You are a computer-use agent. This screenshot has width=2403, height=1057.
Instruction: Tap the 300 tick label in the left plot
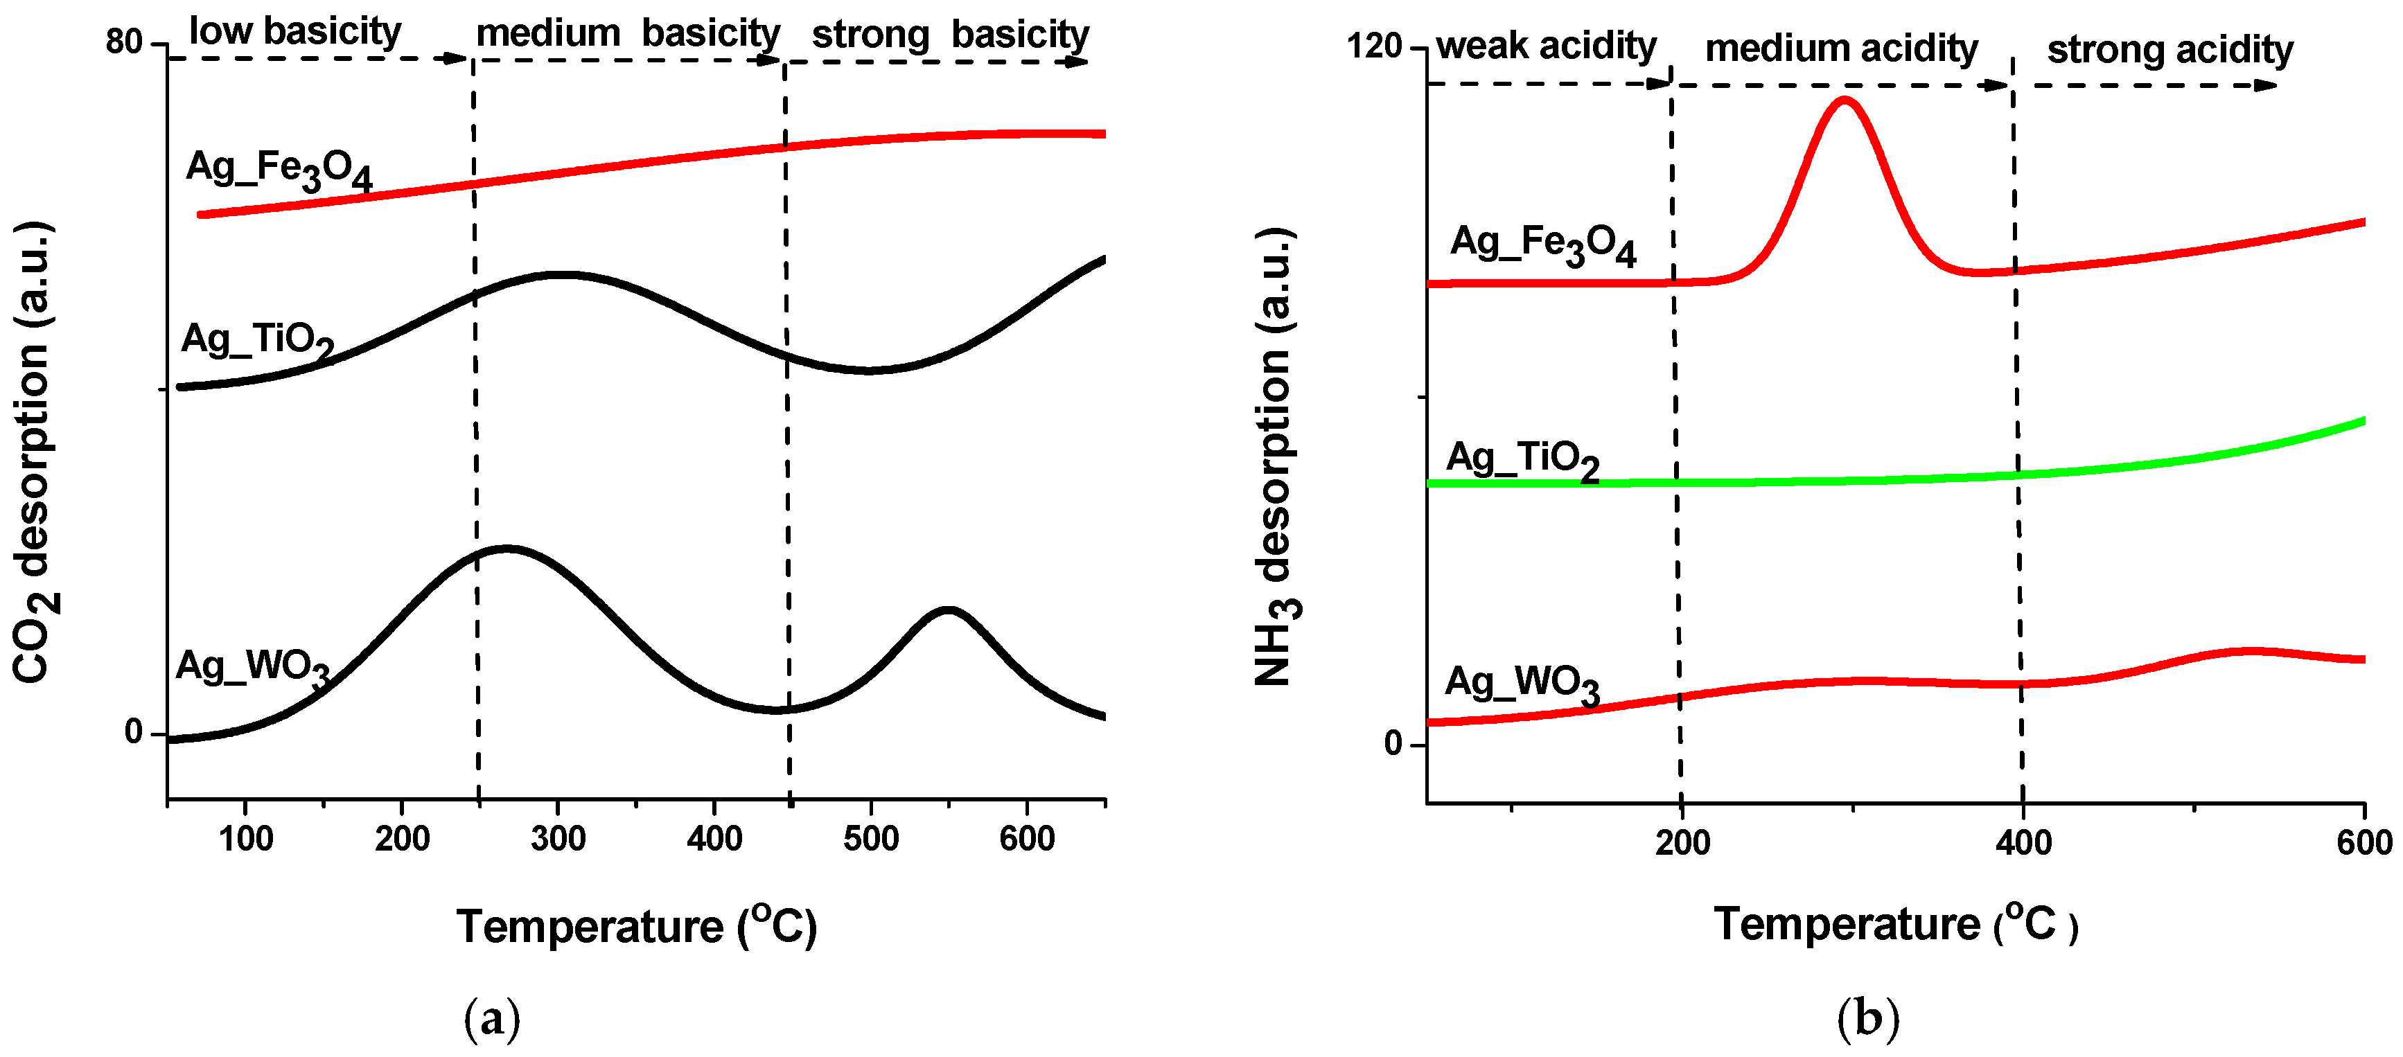[x=558, y=839]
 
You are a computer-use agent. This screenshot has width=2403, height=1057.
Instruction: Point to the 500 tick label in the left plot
[x=870, y=839]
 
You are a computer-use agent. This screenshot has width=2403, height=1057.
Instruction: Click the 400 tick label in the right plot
[x=2023, y=844]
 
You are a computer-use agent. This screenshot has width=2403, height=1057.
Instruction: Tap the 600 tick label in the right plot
[x=2364, y=844]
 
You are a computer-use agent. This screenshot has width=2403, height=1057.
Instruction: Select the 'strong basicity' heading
[x=950, y=35]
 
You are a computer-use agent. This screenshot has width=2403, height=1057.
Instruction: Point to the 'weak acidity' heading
[x=1546, y=46]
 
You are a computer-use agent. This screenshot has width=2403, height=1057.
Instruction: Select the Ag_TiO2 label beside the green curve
[x=1522, y=460]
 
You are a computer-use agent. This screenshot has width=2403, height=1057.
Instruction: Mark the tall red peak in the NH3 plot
[x=1845, y=100]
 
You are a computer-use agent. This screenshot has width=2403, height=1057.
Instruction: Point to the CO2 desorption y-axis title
[x=33, y=452]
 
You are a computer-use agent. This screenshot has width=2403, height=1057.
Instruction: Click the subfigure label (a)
[x=491, y=1018]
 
